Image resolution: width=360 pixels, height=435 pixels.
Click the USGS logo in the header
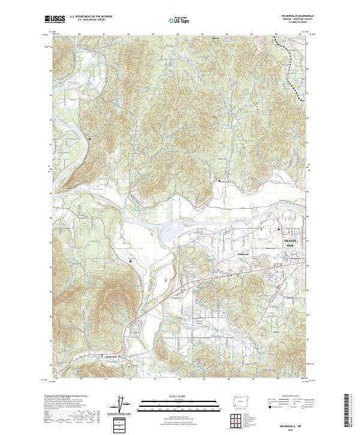[x=55, y=20]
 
